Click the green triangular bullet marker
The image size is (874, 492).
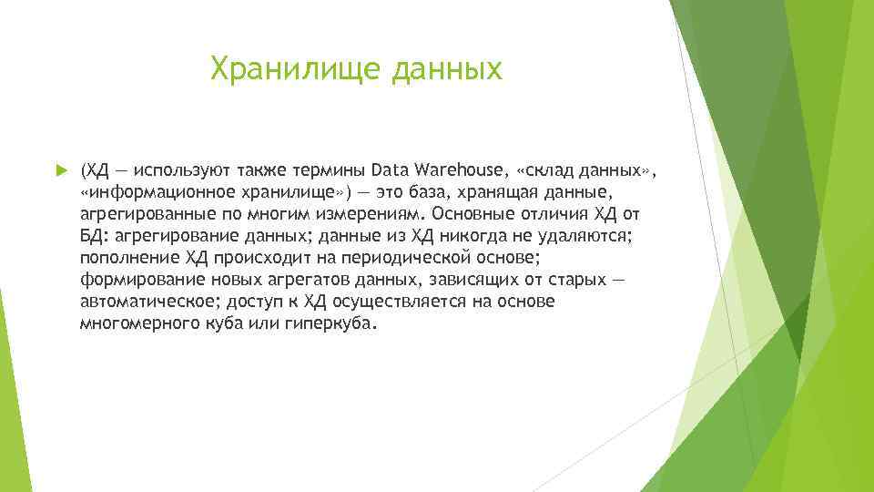pos(60,170)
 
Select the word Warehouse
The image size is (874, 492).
pos(452,170)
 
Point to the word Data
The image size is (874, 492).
pos(391,170)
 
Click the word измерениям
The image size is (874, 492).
pos(368,214)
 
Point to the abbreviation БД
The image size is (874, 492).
pos(91,236)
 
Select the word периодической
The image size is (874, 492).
pos(427,258)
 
